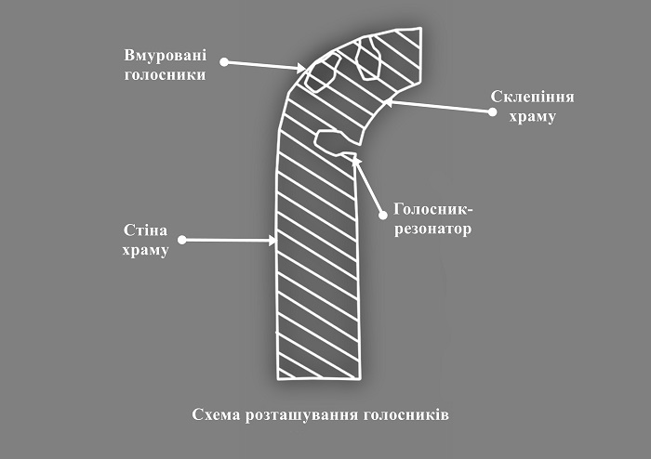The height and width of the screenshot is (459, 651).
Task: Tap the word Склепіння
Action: tap(530, 96)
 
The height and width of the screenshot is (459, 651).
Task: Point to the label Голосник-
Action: tap(432, 209)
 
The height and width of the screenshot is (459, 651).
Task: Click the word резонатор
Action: tap(432, 229)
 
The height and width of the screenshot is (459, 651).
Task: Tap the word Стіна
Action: tap(145, 229)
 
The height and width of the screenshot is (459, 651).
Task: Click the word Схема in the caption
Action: tap(216, 413)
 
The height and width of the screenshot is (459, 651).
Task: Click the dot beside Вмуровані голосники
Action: tap(226, 62)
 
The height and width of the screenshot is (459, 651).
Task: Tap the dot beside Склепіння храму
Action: tap(492, 112)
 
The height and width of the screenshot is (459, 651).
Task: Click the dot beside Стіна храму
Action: tap(182, 240)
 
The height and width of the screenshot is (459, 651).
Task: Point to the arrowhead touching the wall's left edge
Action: tap(273, 241)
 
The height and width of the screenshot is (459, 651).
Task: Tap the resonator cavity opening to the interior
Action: tap(331, 141)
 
